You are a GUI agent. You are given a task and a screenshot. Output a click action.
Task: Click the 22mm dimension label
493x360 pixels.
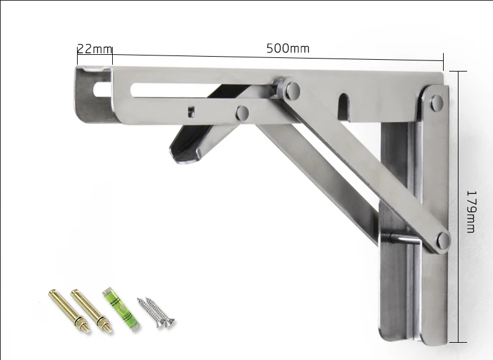click(x=95, y=49)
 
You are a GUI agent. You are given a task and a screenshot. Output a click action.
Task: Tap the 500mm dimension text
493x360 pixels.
click(x=288, y=49)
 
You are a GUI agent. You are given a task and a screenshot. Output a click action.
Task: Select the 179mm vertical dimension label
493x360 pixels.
click(x=471, y=211)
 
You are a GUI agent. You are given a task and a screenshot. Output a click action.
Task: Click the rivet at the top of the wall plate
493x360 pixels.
click(x=436, y=103)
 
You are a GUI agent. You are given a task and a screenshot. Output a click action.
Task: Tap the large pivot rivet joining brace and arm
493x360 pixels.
click(x=293, y=90)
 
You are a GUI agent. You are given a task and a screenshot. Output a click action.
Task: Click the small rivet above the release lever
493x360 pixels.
click(x=242, y=113)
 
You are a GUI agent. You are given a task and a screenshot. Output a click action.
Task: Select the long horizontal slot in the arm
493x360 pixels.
click(x=202, y=90)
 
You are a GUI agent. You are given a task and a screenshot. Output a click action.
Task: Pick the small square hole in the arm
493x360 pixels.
click(x=191, y=112)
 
